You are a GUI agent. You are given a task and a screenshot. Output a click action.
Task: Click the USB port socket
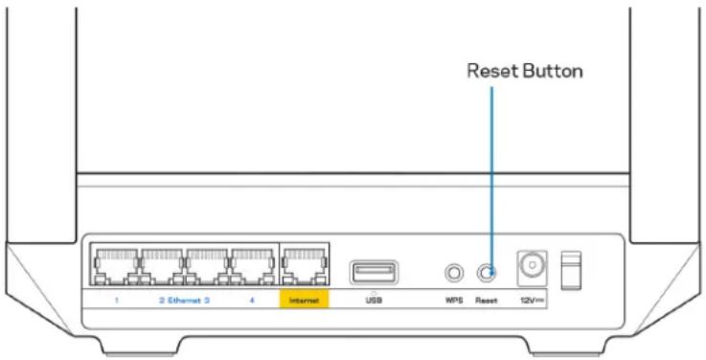click(x=368, y=273)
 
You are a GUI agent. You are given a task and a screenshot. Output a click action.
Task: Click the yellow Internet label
click(x=303, y=298)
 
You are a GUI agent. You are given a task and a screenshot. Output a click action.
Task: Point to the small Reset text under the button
click(x=486, y=298)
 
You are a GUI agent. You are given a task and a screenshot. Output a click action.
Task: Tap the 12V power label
click(x=529, y=298)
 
